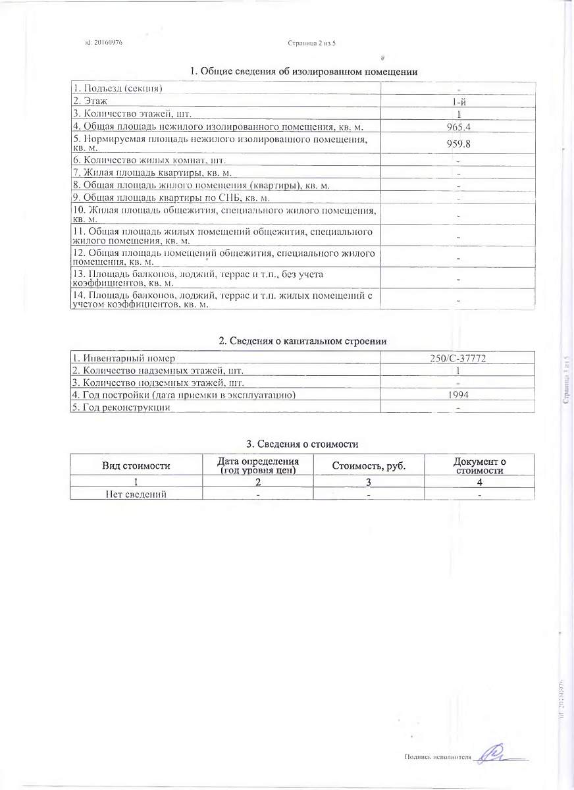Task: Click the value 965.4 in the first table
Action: pyautogui.click(x=458, y=126)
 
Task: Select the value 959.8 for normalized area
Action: pyautogui.click(x=458, y=143)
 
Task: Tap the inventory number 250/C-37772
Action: pyautogui.click(x=458, y=358)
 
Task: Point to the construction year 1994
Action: pyautogui.click(x=458, y=395)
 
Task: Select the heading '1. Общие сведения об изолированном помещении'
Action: pyautogui.click(x=304, y=72)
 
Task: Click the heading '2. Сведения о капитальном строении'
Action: pyautogui.click(x=302, y=341)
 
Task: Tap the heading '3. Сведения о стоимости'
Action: pyautogui.click(x=302, y=444)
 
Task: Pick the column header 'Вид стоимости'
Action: pyautogui.click(x=136, y=465)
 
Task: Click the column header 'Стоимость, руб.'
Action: pyautogui.click(x=369, y=465)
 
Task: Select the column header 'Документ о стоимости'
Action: pyautogui.click(x=480, y=465)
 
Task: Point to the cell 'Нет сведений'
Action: pyautogui.click(x=136, y=494)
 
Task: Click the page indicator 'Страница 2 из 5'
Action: pyautogui.click(x=312, y=43)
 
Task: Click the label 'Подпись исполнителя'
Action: pyautogui.click(x=438, y=757)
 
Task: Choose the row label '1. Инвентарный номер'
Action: pyautogui.click(x=124, y=358)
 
